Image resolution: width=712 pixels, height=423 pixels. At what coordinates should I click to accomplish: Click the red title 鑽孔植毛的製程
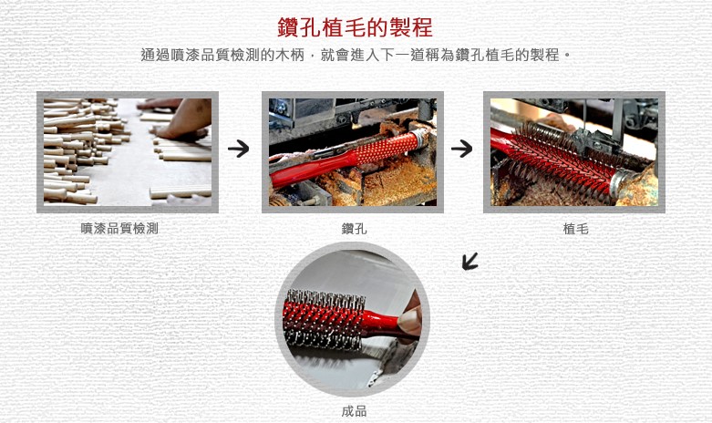[355, 27]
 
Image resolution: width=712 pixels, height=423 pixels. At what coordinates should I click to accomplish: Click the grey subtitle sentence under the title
[356, 56]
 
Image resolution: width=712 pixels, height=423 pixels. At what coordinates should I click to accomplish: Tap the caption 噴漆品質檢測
[119, 228]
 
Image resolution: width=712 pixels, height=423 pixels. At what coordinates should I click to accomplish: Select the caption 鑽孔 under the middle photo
[355, 228]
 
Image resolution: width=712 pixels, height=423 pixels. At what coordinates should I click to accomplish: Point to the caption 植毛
[575, 228]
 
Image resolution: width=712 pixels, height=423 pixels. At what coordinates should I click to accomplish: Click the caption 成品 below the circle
[355, 411]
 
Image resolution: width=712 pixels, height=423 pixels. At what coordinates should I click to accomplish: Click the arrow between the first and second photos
[238, 149]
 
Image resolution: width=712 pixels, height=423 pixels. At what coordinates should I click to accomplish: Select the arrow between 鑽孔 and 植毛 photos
[462, 149]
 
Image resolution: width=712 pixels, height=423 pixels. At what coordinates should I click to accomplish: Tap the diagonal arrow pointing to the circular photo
[470, 262]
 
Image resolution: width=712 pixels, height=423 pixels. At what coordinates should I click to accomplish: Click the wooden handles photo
[128, 152]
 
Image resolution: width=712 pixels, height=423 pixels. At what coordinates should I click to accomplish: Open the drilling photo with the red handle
[353, 152]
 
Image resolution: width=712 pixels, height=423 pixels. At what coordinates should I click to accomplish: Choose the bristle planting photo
[574, 152]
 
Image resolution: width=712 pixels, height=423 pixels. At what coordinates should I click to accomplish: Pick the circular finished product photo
[353, 319]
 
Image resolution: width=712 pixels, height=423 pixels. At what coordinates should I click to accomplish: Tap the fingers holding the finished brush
[411, 317]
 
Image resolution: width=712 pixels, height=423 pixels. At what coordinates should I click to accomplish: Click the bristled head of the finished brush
[325, 319]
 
